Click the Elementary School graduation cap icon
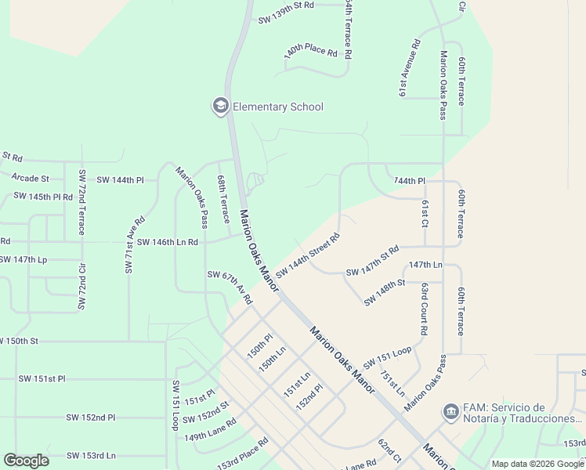(220, 107)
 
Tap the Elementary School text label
(278, 107)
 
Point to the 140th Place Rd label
(310, 52)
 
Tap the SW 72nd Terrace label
(81, 201)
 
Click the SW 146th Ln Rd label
(167, 243)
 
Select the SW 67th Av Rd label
(230, 287)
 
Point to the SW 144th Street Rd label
(307, 255)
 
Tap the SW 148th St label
(383, 292)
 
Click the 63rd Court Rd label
(423, 309)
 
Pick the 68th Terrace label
(223, 200)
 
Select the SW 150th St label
(19, 341)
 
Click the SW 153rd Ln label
(91, 455)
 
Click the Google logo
(26, 461)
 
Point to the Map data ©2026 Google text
(537, 464)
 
